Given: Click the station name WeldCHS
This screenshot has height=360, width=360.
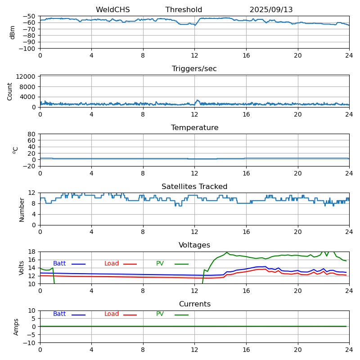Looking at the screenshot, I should pos(112,10).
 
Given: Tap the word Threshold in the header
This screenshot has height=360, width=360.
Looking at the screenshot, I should pos(184,10).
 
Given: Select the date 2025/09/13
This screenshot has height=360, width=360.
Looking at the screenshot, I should pos(271,10).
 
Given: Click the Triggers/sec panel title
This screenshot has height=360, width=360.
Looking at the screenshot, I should pos(194,69).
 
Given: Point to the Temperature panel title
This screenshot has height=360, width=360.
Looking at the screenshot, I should pos(194,128).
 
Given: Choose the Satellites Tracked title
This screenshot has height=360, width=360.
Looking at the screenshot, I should pos(194,187).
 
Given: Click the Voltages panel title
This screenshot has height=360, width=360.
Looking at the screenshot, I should pos(194,245).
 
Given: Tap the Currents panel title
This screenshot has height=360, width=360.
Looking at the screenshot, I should pos(194,304).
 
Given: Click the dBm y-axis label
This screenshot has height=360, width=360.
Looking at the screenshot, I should pos(13,32).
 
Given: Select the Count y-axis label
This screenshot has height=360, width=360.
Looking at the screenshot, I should pos(10,91).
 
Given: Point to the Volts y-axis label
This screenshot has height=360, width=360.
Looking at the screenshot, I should pos(22,268).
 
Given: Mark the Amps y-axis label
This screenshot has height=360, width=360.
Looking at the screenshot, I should pos(16,327).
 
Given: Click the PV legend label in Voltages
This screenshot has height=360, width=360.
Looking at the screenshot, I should pos(160,264).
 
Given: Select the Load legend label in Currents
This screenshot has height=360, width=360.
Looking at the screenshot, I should pos(112,314).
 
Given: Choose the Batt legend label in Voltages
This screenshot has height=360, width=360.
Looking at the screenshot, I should pos(59,264).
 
